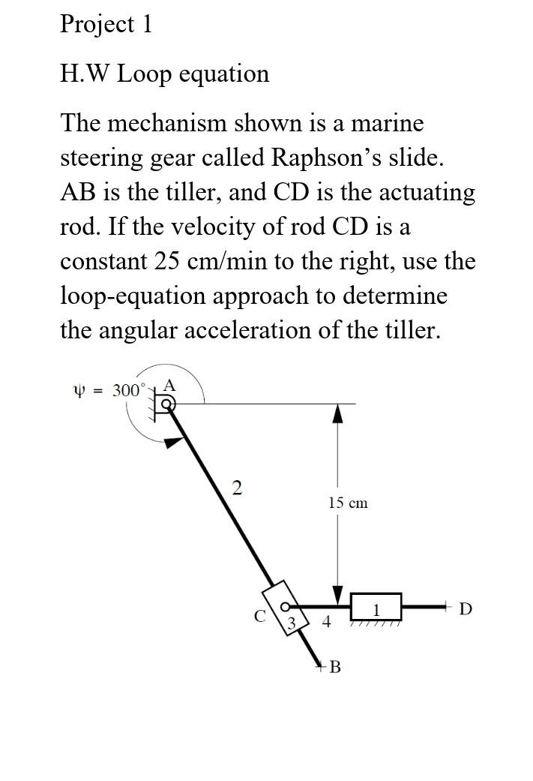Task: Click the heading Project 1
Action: pyautogui.click(x=106, y=24)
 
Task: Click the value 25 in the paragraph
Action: pyautogui.click(x=169, y=261)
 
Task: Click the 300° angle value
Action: pyautogui.click(x=127, y=390)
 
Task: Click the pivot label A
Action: pyautogui.click(x=170, y=385)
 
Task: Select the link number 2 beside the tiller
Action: pyautogui.click(x=237, y=488)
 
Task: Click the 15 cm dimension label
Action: pyautogui.click(x=348, y=503)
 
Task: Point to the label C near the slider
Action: pyautogui.click(x=259, y=616)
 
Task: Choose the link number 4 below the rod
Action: pyautogui.click(x=325, y=621)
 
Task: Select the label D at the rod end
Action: pyautogui.click(x=465, y=608)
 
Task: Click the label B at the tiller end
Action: pyautogui.click(x=334, y=666)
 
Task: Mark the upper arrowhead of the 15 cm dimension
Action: pyautogui.click(x=338, y=412)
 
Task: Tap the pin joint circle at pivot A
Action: pyautogui.click(x=169, y=404)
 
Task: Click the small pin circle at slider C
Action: pyautogui.click(x=285, y=606)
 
